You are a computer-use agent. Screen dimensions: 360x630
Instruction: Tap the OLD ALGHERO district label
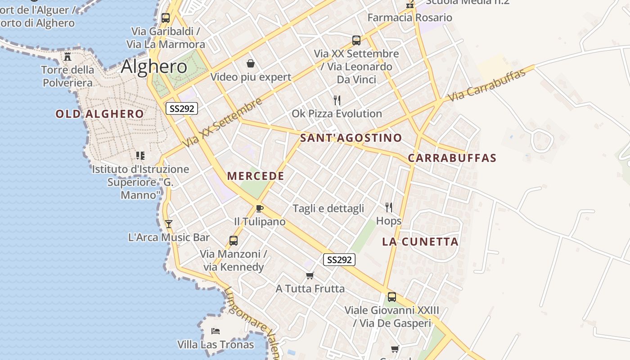click(99, 114)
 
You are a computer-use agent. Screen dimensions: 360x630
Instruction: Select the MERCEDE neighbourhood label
click(256, 176)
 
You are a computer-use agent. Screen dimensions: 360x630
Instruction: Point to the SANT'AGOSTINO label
click(351, 138)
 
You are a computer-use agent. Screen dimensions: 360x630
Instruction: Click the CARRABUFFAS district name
click(452, 158)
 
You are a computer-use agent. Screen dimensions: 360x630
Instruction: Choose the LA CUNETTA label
click(420, 242)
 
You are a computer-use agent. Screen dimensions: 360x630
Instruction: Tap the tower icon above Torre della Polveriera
click(67, 56)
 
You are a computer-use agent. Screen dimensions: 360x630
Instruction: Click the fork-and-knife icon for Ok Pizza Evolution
click(337, 100)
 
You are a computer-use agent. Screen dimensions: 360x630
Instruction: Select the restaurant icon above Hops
click(389, 207)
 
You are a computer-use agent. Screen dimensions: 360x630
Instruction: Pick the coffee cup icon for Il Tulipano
click(259, 208)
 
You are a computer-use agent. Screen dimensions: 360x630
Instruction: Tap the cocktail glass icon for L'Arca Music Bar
click(169, 224)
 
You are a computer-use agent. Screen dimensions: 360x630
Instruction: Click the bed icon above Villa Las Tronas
click(216, 331)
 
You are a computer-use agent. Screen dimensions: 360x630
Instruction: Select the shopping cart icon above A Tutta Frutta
click(310, 275)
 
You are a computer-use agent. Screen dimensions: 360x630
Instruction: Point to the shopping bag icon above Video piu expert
click(251, 64)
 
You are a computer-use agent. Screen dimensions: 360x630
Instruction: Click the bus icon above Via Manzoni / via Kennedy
click(233, 241)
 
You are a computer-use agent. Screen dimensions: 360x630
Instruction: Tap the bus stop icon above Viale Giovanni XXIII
click(392, 297)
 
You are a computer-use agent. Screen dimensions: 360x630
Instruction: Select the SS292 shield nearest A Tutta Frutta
click(339, 260)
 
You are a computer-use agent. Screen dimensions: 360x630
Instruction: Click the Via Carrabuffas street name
click(487, 85)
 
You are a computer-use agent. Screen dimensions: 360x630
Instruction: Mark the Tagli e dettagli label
click(328, 208)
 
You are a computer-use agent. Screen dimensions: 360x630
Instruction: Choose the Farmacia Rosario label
click(409, 18)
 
